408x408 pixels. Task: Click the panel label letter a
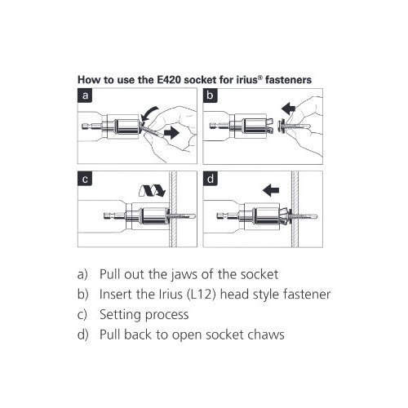click(x=85, y=95)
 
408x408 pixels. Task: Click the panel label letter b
click(x=210, y=95)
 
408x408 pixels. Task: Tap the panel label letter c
click(x=85, y=180)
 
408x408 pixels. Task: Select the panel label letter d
click(x=211, y=179)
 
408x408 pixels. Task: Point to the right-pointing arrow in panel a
click(x=171, y=133)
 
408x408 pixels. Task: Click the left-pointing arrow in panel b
click(x=288, y=109)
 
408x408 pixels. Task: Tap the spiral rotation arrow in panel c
click(x=153, y=190)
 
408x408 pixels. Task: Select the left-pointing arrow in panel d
click(x=271, y=190)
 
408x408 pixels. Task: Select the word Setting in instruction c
click(x=121, y=315)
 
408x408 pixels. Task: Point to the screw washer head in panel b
click(x=281, y=126)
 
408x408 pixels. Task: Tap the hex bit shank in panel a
click(x=90, y=126)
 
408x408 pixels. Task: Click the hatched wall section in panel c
click(x=173, y=209)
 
